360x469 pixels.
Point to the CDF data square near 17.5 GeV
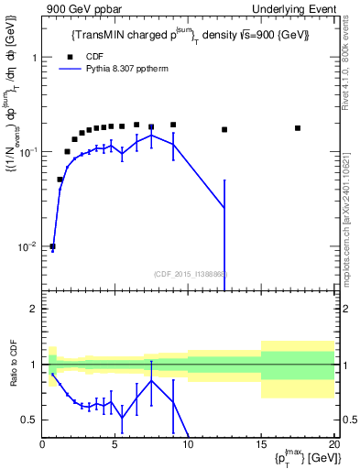coord(298,128)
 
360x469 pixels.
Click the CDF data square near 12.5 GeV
coord(224,129)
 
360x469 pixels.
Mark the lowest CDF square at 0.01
coord(52,246)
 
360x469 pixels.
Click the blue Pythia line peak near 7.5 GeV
coord(151,136)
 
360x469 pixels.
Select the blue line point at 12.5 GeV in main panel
coord(224,209)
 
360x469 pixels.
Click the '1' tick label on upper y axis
coord(34,57)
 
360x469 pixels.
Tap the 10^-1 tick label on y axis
coord(29,152)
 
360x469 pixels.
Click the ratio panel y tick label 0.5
coord(30,420)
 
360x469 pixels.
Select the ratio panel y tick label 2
coord(34,309)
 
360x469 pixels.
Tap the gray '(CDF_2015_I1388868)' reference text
coord(190,273)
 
